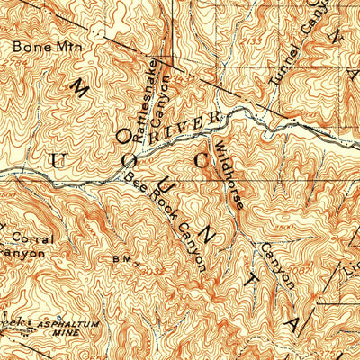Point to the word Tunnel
[x=282, y=67]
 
